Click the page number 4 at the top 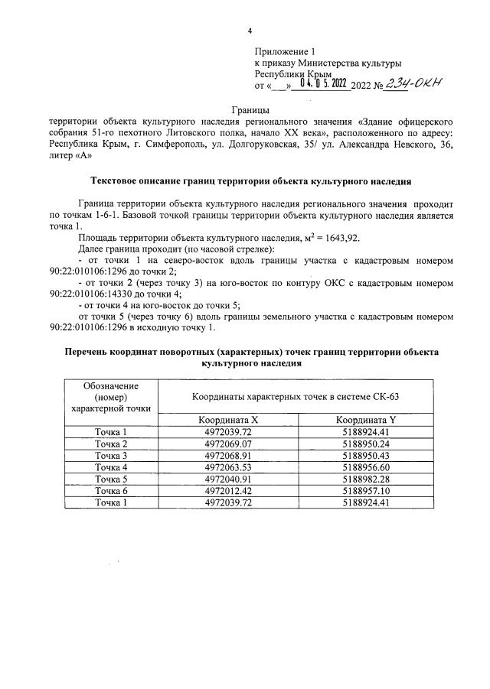pyautogui.click(x=250, y=31)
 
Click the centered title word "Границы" pyautogui.click(x=250, y=111)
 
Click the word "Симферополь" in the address pyautogui.click(x=159, y=143)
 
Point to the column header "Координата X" pyautogui.click(x=228, y=420)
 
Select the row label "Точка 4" pyautogui.click(x=110, y=467)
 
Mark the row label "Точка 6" pyautogui.click(x=110, y=490)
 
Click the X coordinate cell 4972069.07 pyautogui.click(x=228, y=444)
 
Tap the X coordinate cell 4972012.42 pyautogui.click(x=228, y=490)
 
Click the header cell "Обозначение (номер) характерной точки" pyautogui.click(x=110, y=396)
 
